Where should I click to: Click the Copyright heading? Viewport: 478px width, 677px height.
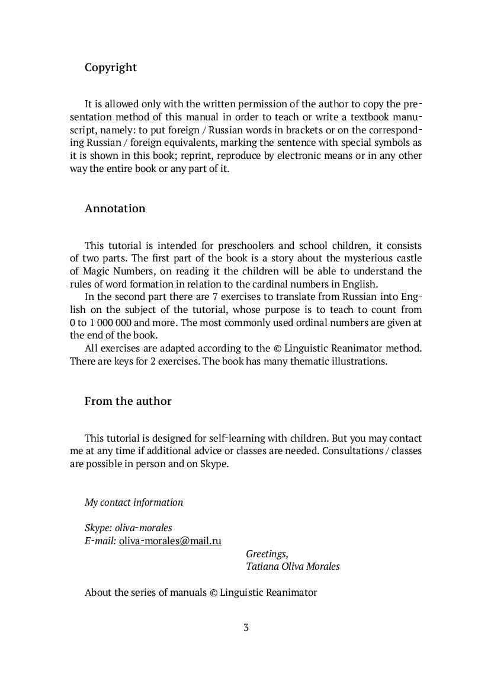tap(111, 68)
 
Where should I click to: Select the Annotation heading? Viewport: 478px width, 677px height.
tap(115, 209)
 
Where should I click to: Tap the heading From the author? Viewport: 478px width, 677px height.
tap(128, 401)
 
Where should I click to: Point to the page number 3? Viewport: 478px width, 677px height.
tap(246, 627)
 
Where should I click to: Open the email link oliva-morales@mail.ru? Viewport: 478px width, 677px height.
tap(170, 541)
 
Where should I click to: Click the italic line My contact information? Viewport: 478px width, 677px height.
tap(134, 503)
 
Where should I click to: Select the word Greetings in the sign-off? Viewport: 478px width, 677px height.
tap(267, 554)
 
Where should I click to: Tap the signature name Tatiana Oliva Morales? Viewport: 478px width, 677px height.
tap(293, 567)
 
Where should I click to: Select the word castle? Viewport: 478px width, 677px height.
tap(408, 258)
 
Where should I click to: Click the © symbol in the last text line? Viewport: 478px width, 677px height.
tap(213, 592)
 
